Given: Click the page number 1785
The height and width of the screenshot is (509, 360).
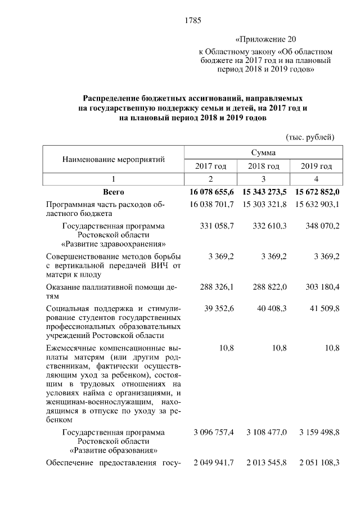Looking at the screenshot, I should point(193,21).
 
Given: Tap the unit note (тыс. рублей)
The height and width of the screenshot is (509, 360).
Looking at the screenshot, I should point(310,137).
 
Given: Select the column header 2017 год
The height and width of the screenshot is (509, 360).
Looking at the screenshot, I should point(210,166).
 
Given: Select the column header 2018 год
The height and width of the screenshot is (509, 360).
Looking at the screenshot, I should point(263,166).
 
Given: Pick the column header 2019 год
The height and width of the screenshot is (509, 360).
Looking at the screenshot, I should point(316,166).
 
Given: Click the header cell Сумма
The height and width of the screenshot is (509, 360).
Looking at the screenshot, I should point(263,152).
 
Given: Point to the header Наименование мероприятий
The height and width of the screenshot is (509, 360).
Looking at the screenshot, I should point(114,159).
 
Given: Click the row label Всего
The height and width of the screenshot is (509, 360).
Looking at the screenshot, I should point(114,192).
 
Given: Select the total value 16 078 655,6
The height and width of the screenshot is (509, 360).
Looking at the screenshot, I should point(211,192).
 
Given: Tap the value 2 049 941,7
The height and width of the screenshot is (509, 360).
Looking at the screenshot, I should point(214,463).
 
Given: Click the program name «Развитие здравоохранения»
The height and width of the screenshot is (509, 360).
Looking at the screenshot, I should point(114,245).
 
